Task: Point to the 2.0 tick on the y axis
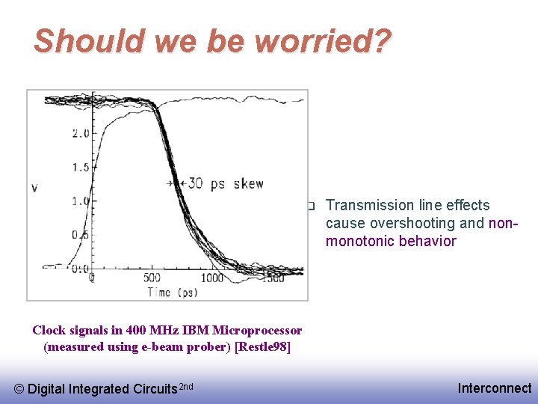(80, 134)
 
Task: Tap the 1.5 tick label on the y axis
(80, 168)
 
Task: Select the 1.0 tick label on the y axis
(80, 201)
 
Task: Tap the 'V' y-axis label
(35, 187)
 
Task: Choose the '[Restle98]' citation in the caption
(262, 346)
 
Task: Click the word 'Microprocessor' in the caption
(259, 330)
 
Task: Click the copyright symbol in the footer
(19, 388)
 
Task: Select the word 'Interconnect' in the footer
(494, 388)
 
